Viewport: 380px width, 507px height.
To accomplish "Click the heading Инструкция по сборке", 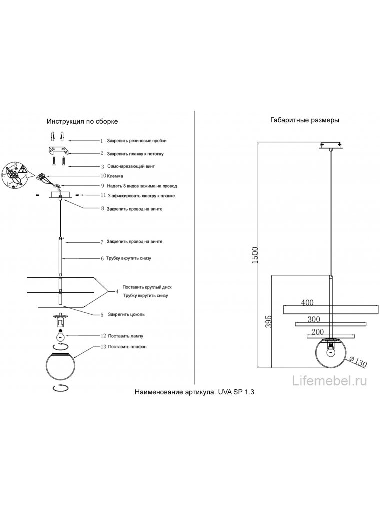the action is [82, 122].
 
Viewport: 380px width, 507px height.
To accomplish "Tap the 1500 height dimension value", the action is [255, 255].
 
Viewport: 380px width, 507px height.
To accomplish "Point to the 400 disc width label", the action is [307, 302].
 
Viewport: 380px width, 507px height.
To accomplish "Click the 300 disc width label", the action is [314, 319].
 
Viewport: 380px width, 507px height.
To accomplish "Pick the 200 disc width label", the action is [317, 332].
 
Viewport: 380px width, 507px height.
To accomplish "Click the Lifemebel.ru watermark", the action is [329, 381].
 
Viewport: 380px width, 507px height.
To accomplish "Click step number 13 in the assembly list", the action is [103, 347].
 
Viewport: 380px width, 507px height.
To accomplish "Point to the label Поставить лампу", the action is [125, 336].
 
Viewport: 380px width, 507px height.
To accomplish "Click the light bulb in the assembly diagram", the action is [61, 335].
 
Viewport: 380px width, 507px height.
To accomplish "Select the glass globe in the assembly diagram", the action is [61, 367].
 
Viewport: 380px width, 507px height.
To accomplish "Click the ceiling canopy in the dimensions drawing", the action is [330, 146].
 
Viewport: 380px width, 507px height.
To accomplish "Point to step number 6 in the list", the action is [102, 259].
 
